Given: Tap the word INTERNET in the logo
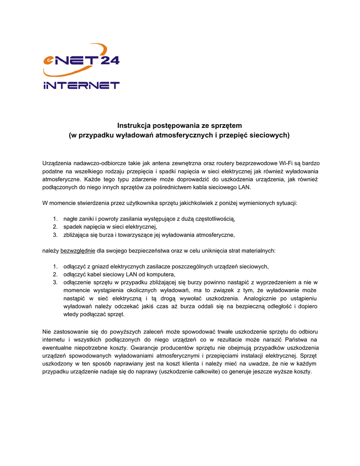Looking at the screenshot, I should pos(81,85).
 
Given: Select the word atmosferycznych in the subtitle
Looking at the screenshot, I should pos(178,135).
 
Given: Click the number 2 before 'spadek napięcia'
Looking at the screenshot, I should pos(55,227).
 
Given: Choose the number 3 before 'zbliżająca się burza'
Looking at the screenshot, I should pos(55,235).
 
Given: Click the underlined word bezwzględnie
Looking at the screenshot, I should pos(78,251).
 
